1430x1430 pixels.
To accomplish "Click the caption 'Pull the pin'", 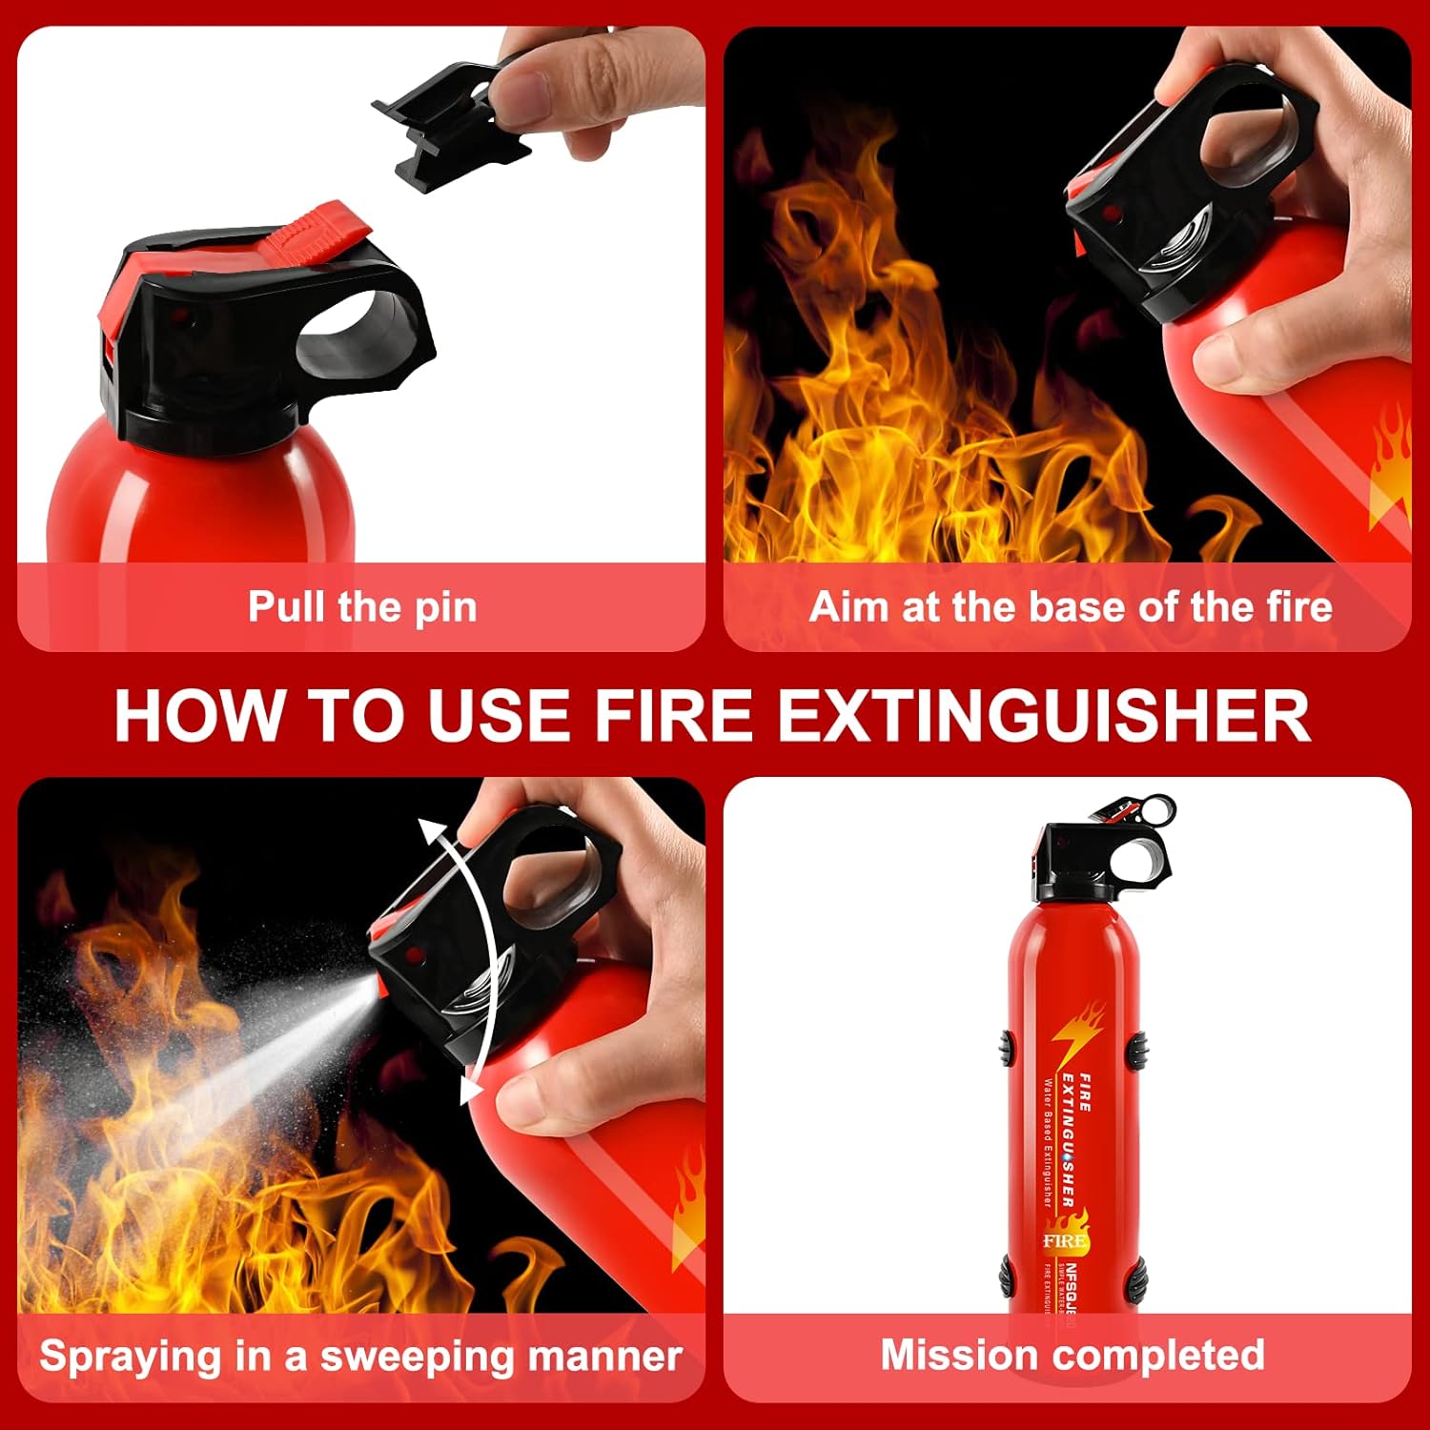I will click(x=362, y=607).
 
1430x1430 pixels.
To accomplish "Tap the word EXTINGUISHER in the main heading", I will click(x=1044, y=715).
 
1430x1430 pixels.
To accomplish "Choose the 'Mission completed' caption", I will click(x=1072, y=1355).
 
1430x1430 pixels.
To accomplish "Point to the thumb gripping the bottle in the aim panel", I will click(x=1239, y=362).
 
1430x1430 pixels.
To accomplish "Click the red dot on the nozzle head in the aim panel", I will click(x=1109, y=213).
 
